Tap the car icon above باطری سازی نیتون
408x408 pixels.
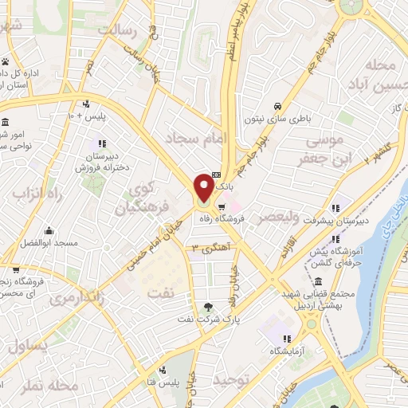(x=277, y=105)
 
